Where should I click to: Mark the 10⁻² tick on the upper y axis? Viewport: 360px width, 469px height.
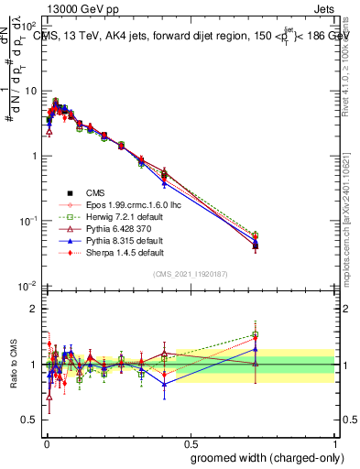pos(27,286)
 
